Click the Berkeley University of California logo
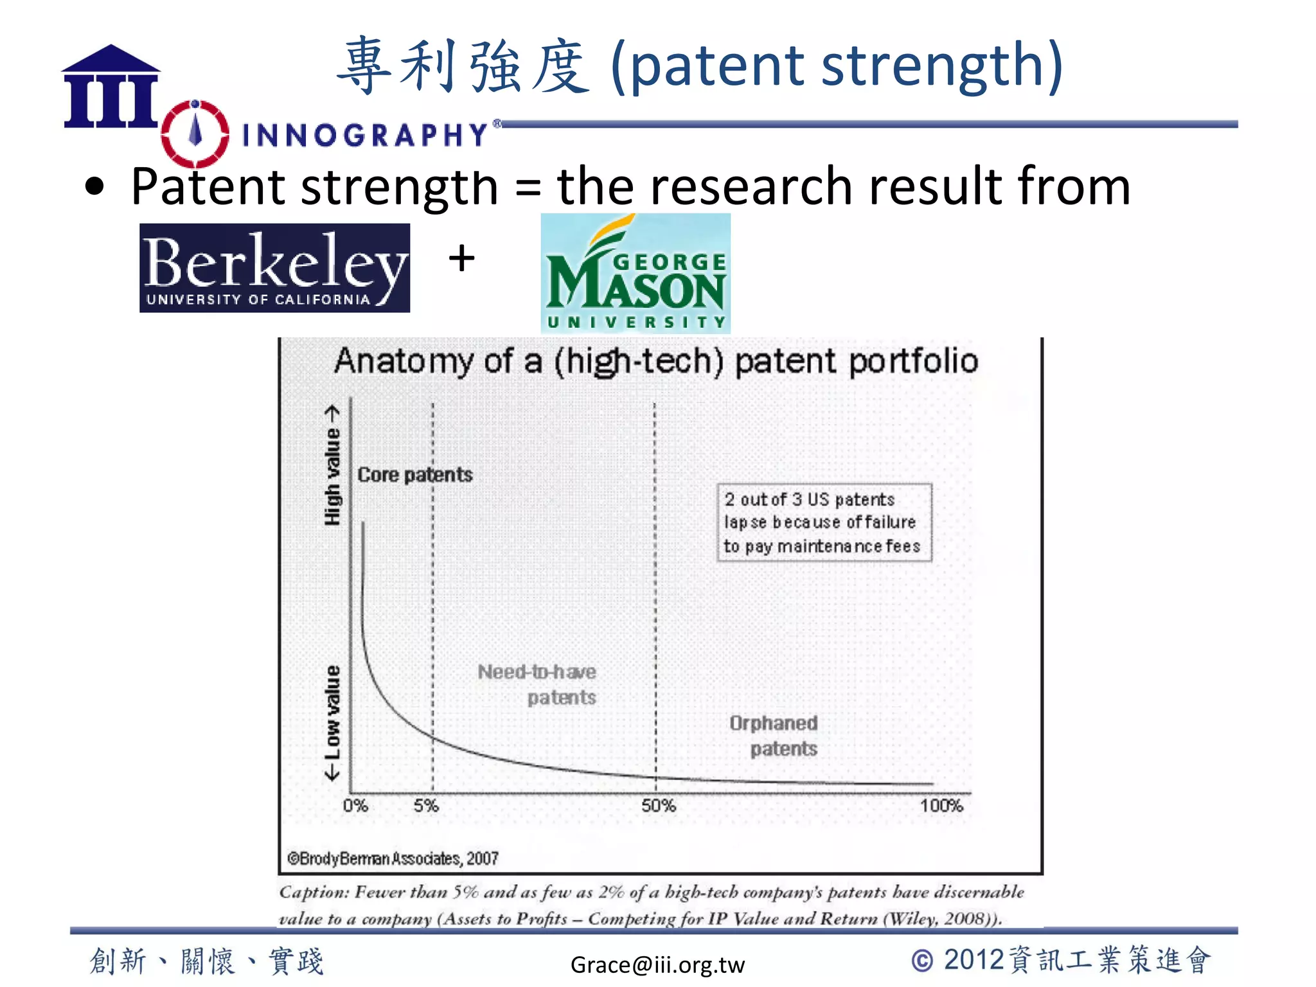[x=274, y=268]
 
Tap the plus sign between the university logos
[x=461, y=259]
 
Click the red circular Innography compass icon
[x=195, y=134]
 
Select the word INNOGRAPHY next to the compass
[x=365, y=135]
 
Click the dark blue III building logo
[x=111, y=87]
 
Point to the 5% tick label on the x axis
[x=426, y=806]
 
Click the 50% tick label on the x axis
[x=658, y=806]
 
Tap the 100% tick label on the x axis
[x=941, y=806]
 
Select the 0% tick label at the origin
[x=355, y=806]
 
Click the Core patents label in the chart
[x=414, y=475]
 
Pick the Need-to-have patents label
[x=537, y=684]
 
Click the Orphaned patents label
[x=774, y=736]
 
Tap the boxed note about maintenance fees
[x=824, y=522]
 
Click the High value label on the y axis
[x=332, y=465]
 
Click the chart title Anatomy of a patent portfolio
[x=655, y=361]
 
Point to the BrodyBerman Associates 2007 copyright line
[x=393, y=858]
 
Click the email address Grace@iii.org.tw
[x=657, y=965]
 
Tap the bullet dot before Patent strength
[x=94, y=187]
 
